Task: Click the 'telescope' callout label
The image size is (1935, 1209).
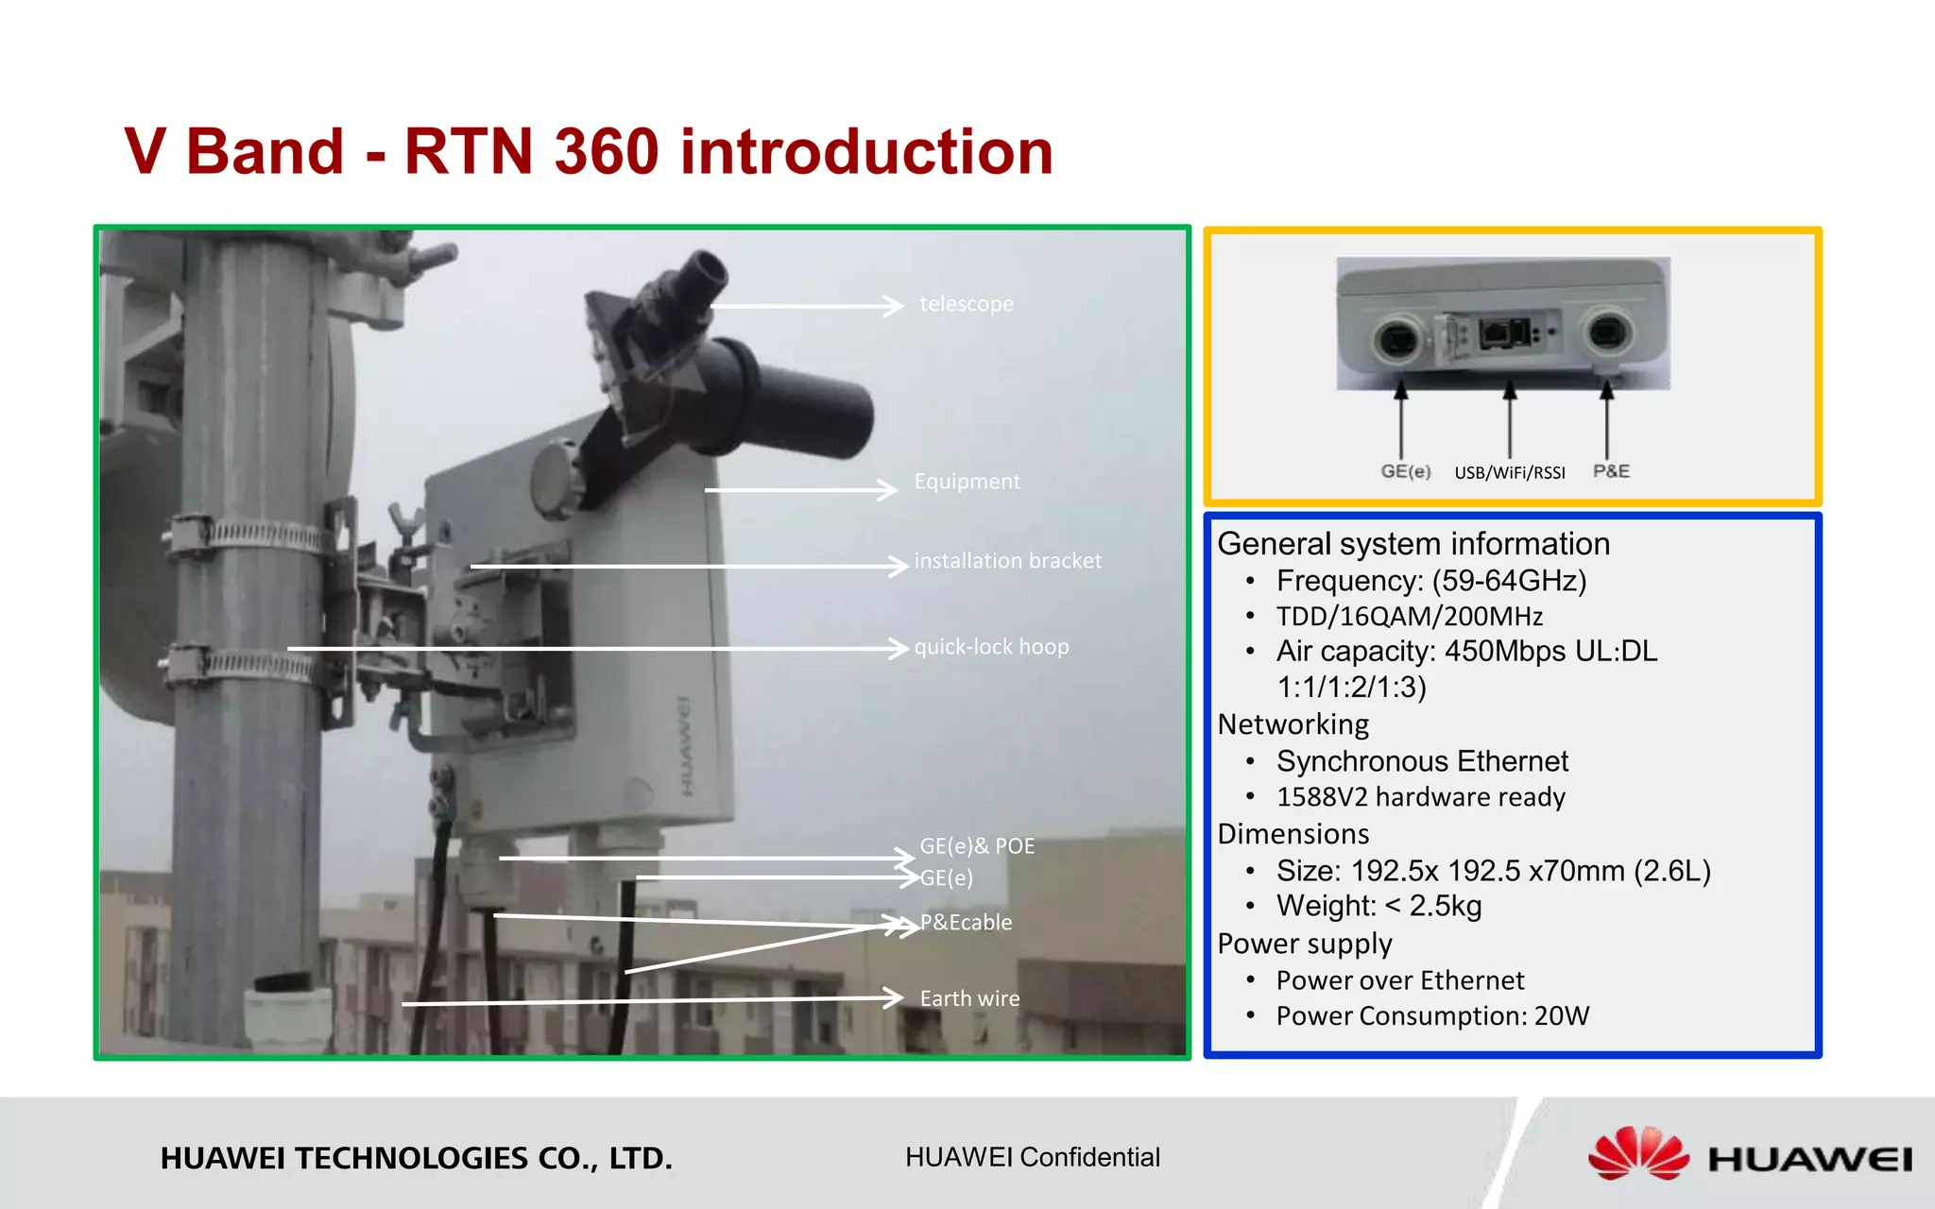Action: pos(966,304)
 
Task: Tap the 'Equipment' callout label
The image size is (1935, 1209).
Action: pos(967,482)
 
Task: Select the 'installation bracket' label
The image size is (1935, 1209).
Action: pos(1007,561)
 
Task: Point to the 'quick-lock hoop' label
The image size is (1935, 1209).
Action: pos(991,647)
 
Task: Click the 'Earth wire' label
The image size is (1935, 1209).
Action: pos(969,998)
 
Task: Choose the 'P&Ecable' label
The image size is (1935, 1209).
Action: pos(966,922)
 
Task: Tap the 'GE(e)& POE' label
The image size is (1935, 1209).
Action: pos(977,845)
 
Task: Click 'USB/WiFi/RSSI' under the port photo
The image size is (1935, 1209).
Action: pos(1509,472)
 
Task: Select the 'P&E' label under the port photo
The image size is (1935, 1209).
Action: pos(1611,470)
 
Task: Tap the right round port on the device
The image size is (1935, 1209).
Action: pos(1606,333)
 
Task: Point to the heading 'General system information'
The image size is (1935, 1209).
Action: pos(1413,544)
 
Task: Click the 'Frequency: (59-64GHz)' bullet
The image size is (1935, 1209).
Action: pos(1430,580)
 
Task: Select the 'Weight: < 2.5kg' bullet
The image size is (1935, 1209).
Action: pos(1378,906)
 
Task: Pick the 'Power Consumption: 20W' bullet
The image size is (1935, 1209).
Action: pos(1432,1015)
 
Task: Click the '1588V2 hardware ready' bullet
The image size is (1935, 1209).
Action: pos(1420,797)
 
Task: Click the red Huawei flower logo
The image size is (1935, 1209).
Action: pos(1637,1153)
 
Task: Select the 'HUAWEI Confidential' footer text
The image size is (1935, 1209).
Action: pos(1032,1157)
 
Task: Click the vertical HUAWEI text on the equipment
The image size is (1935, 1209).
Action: pos(684,746)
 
